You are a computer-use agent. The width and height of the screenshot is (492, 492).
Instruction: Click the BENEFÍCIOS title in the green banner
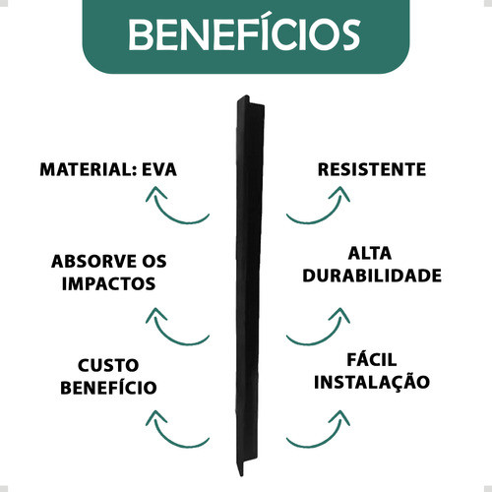click(x=244, y=31)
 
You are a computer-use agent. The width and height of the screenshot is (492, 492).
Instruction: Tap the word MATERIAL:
click(x=88, y=169)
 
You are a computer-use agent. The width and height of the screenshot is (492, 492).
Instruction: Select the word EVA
click(x=159, y=169)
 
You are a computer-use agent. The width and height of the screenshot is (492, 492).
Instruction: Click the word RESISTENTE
click(x=372, y=169)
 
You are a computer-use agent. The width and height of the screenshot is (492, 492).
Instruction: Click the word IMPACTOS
click(x=108, y=283)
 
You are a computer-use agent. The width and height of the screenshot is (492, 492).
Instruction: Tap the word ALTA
click(x=370, y=253)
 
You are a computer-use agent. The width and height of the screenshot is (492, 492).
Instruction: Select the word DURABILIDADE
click(x=372, y=276)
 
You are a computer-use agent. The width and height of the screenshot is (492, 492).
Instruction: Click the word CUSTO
click(x=108, y=365)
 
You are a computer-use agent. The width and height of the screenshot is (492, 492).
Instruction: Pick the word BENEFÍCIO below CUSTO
click(x=108, y=388)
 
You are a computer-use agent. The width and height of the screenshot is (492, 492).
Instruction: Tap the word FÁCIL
click(x=372, y=359)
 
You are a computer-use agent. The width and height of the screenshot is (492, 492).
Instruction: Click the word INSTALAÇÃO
click(x=372, y=382)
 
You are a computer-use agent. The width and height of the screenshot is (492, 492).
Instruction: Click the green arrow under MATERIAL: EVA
click(x=170, y=216)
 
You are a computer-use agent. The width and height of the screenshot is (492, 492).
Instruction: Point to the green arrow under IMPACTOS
click(x=170, y=338)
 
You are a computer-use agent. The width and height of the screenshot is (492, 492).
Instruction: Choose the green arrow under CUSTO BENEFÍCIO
click(x=170, y=441)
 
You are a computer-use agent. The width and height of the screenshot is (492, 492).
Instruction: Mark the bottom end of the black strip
click(x=241, y=476)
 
